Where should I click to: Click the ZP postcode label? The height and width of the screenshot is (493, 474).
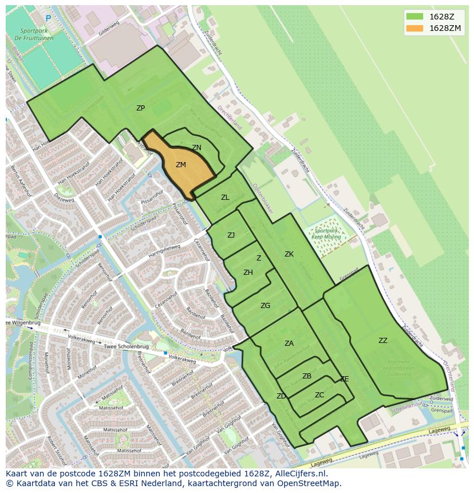click(140, 108)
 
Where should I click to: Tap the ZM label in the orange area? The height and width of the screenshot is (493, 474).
click(181, 165)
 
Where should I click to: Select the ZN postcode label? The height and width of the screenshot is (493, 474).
click(196, 148)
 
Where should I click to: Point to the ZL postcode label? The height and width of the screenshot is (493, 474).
click(225, 198)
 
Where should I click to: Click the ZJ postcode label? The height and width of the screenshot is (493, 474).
click(231, 235)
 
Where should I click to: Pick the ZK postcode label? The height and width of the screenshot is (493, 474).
click(289, 254)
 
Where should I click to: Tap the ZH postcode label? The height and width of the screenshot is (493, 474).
click(248, 273)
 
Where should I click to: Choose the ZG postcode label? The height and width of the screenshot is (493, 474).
click(265, 306)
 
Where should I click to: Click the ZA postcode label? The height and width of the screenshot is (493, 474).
click(289, 344)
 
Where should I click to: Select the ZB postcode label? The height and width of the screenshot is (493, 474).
click(307, 376)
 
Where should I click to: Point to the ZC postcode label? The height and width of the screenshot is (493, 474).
click(319, 395)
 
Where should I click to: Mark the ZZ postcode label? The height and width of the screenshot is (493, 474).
click(383, 341)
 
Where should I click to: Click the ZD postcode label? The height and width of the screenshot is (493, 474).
click(281, 396)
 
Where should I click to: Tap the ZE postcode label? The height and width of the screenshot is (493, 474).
click(344, 379)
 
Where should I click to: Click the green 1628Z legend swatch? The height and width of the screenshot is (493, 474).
click(414, 16)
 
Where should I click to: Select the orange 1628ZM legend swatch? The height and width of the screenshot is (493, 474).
click(414, 28)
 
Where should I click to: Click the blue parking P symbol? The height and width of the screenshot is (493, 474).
click(48, 18)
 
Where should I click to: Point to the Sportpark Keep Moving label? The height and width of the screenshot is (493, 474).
click(327, 233)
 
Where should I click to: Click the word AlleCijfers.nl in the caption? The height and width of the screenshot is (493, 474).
click(299, 474)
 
